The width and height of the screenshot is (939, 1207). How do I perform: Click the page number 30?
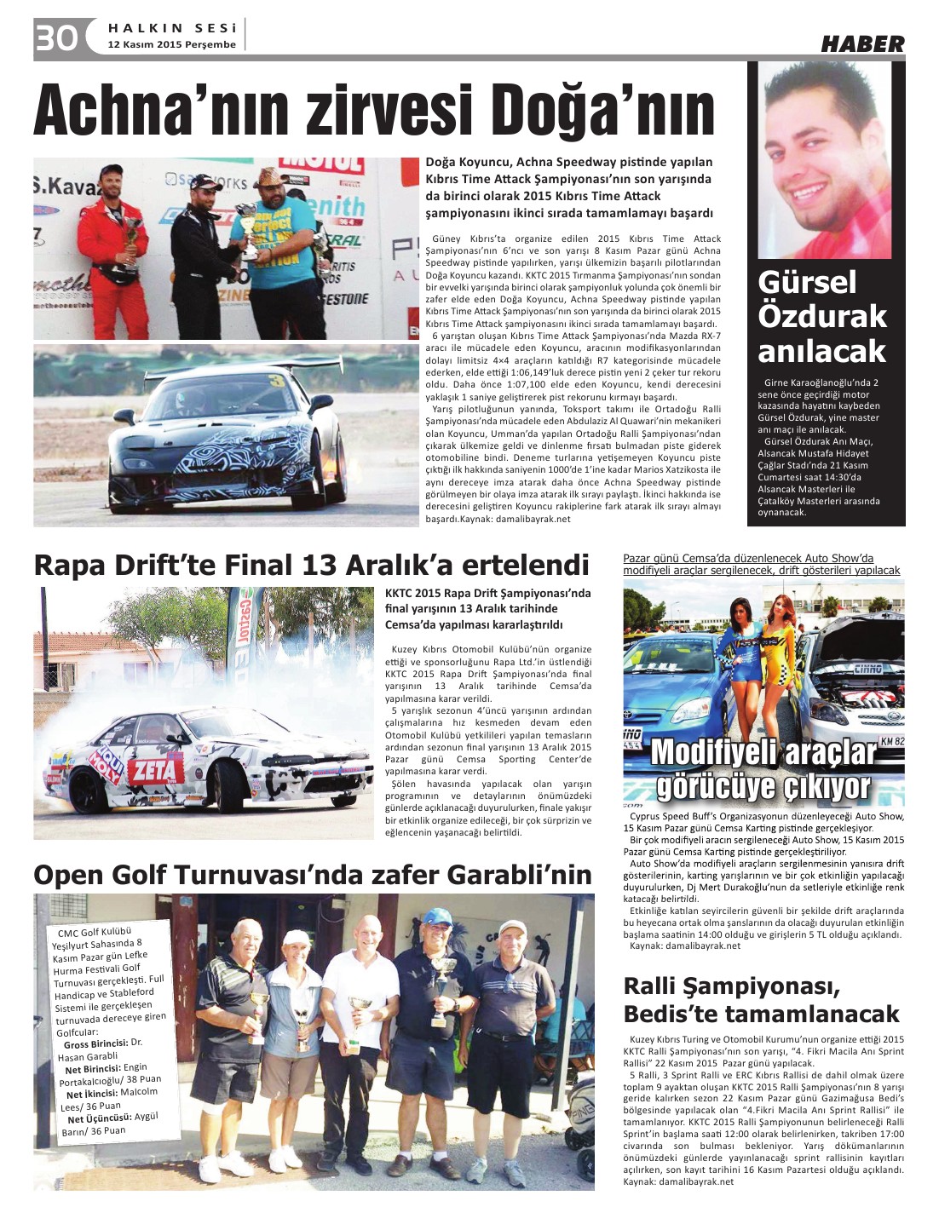[x=56, y=37]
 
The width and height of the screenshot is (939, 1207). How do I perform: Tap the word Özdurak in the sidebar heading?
[x=822, y=316]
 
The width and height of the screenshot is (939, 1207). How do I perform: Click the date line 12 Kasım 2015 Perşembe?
[x=171, y=44]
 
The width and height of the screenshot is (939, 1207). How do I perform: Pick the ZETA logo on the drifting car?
[x=154, y=770]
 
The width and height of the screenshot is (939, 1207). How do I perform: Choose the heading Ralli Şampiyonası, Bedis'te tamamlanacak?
[x=761, y=1000]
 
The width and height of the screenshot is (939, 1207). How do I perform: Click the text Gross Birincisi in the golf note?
[x=95, y=1044]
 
